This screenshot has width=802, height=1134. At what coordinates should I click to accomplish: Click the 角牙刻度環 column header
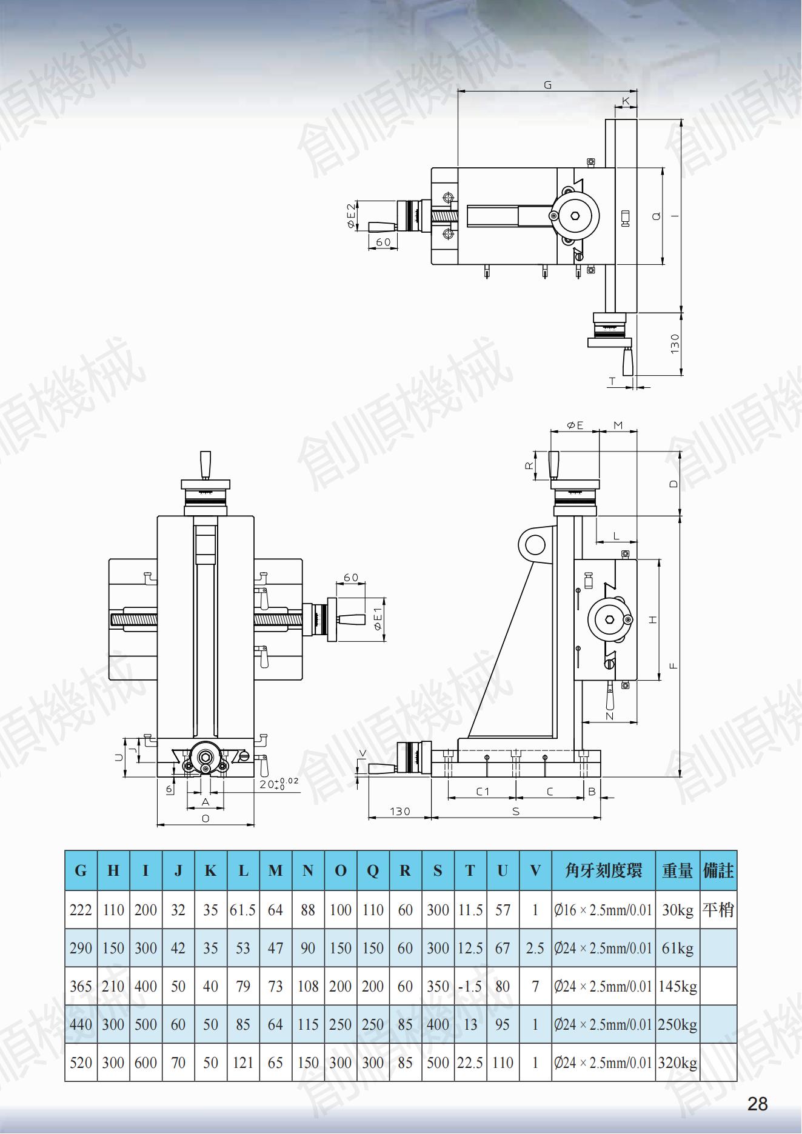[x=603, y=871]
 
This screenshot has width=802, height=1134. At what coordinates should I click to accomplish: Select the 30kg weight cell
[x=677, y=910]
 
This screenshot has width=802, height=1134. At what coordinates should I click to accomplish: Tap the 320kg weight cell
[x=677, y=1062]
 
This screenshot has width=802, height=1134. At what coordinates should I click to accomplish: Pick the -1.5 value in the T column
[x=470, y=986]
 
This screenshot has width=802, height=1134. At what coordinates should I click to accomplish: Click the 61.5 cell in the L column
[x=242, y=910]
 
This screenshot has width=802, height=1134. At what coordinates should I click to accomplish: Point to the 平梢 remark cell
[x=718, y=910]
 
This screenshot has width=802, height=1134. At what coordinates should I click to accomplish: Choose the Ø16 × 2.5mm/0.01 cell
[x=603, y=910]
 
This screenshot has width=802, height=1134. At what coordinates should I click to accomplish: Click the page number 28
[x=757, y=1104]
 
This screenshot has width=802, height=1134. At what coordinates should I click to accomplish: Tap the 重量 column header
[x=677, y=871]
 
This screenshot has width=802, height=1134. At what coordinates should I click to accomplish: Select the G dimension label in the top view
[x=547, y=85]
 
